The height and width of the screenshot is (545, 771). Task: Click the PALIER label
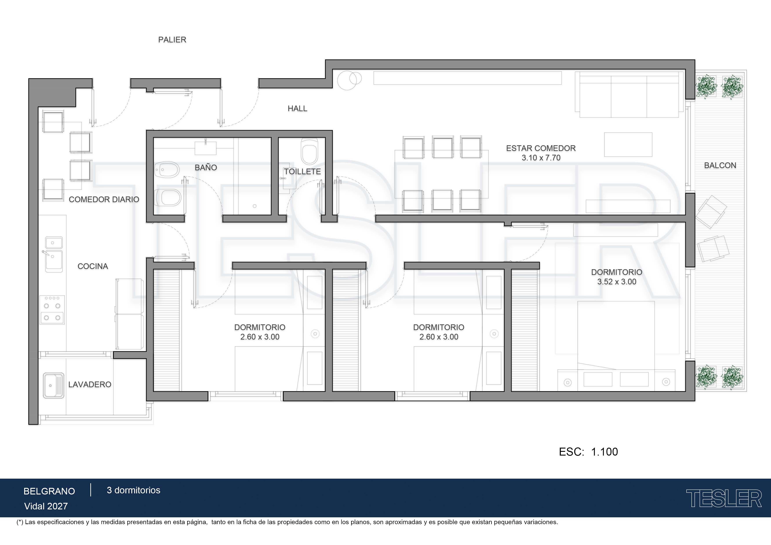coord(172,40)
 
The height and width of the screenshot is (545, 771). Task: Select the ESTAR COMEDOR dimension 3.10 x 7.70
coord(541,158)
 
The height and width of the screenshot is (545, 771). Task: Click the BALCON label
coord(720,165)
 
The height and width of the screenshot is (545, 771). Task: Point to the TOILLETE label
coord(302,172)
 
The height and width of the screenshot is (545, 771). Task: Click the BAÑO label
coord(206,167)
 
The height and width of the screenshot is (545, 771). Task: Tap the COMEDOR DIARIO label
coord(104,200)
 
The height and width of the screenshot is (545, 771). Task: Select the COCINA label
coord(93,266)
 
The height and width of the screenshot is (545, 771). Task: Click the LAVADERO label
coord(90,385)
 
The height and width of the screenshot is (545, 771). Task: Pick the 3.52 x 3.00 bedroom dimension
coord(616,282)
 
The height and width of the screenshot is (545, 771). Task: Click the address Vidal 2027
coord(46,506)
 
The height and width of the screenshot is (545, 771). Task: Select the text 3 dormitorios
coord(134,490)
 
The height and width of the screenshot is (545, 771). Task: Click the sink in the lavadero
coord(54,385)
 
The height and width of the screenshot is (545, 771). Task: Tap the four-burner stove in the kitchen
coord(52,310)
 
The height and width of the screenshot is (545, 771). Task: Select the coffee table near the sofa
coord(628,144)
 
